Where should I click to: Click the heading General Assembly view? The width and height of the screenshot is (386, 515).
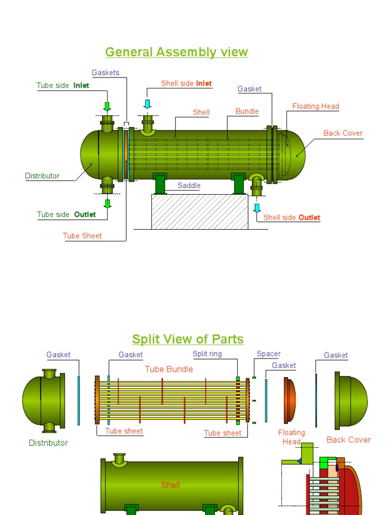pos(176,52)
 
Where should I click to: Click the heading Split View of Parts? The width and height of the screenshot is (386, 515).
pos(187,339)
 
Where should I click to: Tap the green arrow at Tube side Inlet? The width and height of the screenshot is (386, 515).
pos(107,106)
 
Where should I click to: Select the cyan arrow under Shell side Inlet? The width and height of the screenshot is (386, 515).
pos(147,104)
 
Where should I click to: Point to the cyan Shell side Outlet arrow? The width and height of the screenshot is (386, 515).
pos(257,208)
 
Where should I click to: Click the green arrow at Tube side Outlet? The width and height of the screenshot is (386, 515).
pos(107,203)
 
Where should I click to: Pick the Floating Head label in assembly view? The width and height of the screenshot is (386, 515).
pos(316,106)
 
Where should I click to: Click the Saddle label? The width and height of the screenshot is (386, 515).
pos(189,186)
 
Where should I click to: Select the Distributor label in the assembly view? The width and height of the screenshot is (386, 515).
pos(42,176)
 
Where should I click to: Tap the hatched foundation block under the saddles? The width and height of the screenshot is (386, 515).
pos(200,211)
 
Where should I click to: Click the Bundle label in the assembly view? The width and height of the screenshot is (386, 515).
pos(247,111)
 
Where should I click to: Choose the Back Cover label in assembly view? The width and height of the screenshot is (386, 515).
pos(343,133)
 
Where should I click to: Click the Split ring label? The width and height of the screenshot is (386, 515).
pos(207,354)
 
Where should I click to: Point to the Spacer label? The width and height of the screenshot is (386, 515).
pos(268,354)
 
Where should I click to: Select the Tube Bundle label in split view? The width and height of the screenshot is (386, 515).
pos(169,369)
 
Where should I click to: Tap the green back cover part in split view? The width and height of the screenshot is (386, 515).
pos(352,401)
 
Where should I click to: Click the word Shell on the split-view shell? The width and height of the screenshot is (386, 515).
pos(170,485)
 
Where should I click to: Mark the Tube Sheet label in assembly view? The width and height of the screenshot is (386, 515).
pos(82,235)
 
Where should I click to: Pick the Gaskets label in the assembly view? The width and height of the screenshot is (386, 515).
pos(106,72)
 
